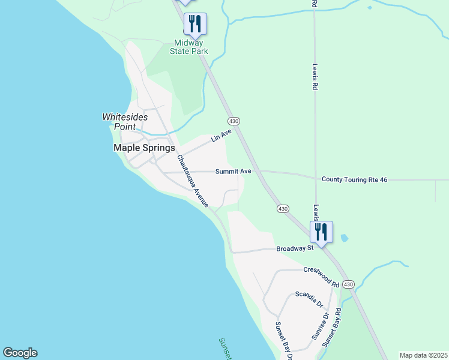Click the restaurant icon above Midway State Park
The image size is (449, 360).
click(x=195, y=24)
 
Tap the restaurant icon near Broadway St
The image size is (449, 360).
click(x=321, y=232)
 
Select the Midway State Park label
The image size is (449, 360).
click(x=191, y=47)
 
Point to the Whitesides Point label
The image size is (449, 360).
click(x=125, y=121)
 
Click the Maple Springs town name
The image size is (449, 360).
click(x=144, y=148)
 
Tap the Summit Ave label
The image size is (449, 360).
click(x=234, y=171)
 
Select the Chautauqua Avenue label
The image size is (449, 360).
click(x=192, y=181)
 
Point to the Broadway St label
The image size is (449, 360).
click(x=295, y=248)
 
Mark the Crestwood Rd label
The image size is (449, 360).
click(x=321, y=276)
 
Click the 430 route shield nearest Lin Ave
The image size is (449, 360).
click(x=234, y=121)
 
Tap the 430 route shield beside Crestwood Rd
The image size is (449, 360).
click(x=349, y=284)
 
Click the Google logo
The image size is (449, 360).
click(x=20, y=353)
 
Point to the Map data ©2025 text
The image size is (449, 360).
click(x=423, y=355)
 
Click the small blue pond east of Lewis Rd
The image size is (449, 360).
click(x=343, y=238)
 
